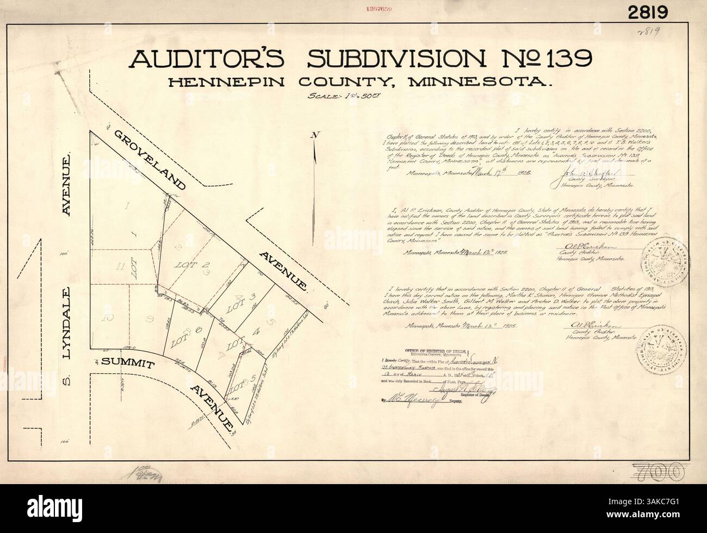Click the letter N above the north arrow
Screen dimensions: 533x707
coord(313,136)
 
